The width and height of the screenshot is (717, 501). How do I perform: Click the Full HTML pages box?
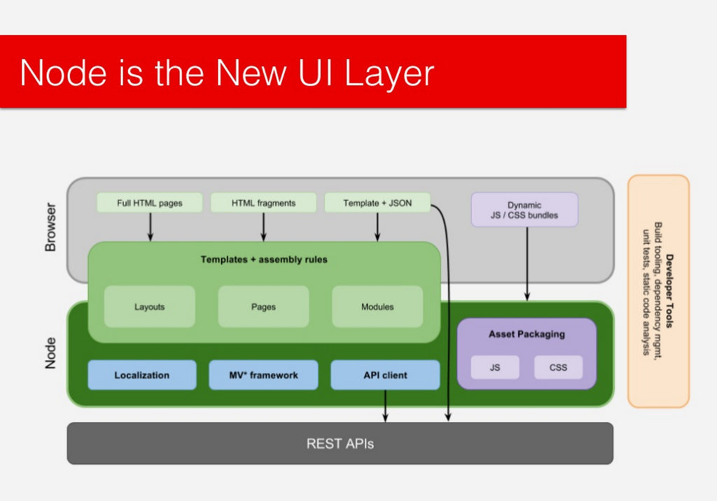(x=149, y=203)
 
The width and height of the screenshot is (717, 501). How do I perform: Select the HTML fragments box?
(x=264, y=203)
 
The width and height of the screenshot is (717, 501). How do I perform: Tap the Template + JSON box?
(x=377, y=203)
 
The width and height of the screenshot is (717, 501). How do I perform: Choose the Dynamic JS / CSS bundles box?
(x=524, y=210)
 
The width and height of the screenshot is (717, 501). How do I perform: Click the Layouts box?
(x=149, y=307)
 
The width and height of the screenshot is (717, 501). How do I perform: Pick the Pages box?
(x=263, y=307)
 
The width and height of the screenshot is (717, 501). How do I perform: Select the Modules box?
(x=377, y=307)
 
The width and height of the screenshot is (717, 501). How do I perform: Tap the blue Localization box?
(x=141, y=375)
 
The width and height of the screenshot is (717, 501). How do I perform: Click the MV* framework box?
(x=263, y=375)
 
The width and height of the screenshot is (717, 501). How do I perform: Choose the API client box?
(x=385, y=375)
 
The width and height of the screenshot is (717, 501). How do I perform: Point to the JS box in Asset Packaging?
(x=495, y=367)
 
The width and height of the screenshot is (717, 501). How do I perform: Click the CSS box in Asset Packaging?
(x=558, y=367)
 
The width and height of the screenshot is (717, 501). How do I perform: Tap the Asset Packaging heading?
(x=527, y=334)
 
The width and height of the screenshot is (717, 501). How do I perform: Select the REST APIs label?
(x=340, y=444)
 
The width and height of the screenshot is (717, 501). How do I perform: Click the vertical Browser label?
(x=50, y=227)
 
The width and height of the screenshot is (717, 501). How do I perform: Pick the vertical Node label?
(x=50, y=353)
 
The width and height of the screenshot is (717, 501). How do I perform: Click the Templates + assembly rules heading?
(x=264, y=259)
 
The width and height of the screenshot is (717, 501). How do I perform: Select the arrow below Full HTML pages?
(x=150, y=227)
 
